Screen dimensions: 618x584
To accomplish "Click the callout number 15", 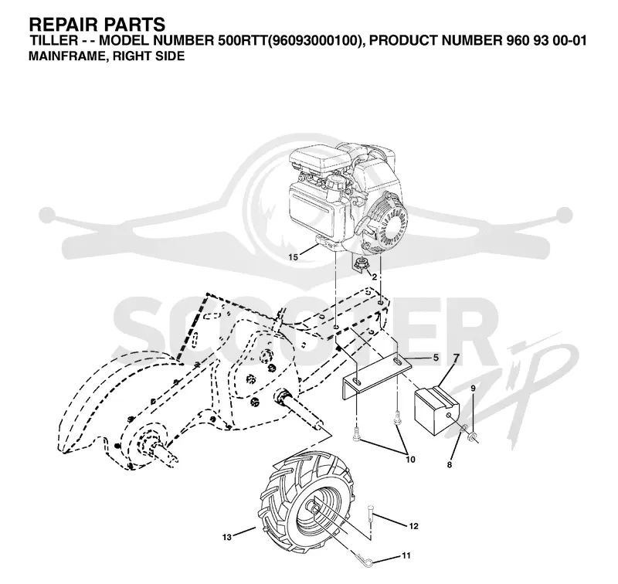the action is point(294,257).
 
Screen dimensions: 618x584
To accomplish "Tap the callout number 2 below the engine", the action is point(375,277).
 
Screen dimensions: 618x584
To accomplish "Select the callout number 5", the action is point(436,358).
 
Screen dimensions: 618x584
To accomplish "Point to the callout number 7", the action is point(457,358).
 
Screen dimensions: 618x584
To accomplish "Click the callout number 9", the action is point(473,388).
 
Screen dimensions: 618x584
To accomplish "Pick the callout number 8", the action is point(450,465).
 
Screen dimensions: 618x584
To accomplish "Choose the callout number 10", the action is point(410,460).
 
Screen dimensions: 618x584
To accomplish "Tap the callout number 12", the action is point(414,526).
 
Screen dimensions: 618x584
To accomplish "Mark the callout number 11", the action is point(406,555).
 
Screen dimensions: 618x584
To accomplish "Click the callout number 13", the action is point(227,537).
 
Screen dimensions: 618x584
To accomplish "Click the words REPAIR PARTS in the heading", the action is point(97,25).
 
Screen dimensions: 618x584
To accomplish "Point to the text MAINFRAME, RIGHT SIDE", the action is point(107,56).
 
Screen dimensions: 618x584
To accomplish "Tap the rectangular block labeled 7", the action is point(436,411).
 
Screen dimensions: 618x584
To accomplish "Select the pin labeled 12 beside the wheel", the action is point(371,514).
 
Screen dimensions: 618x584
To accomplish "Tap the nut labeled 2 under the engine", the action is point(360,263).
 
